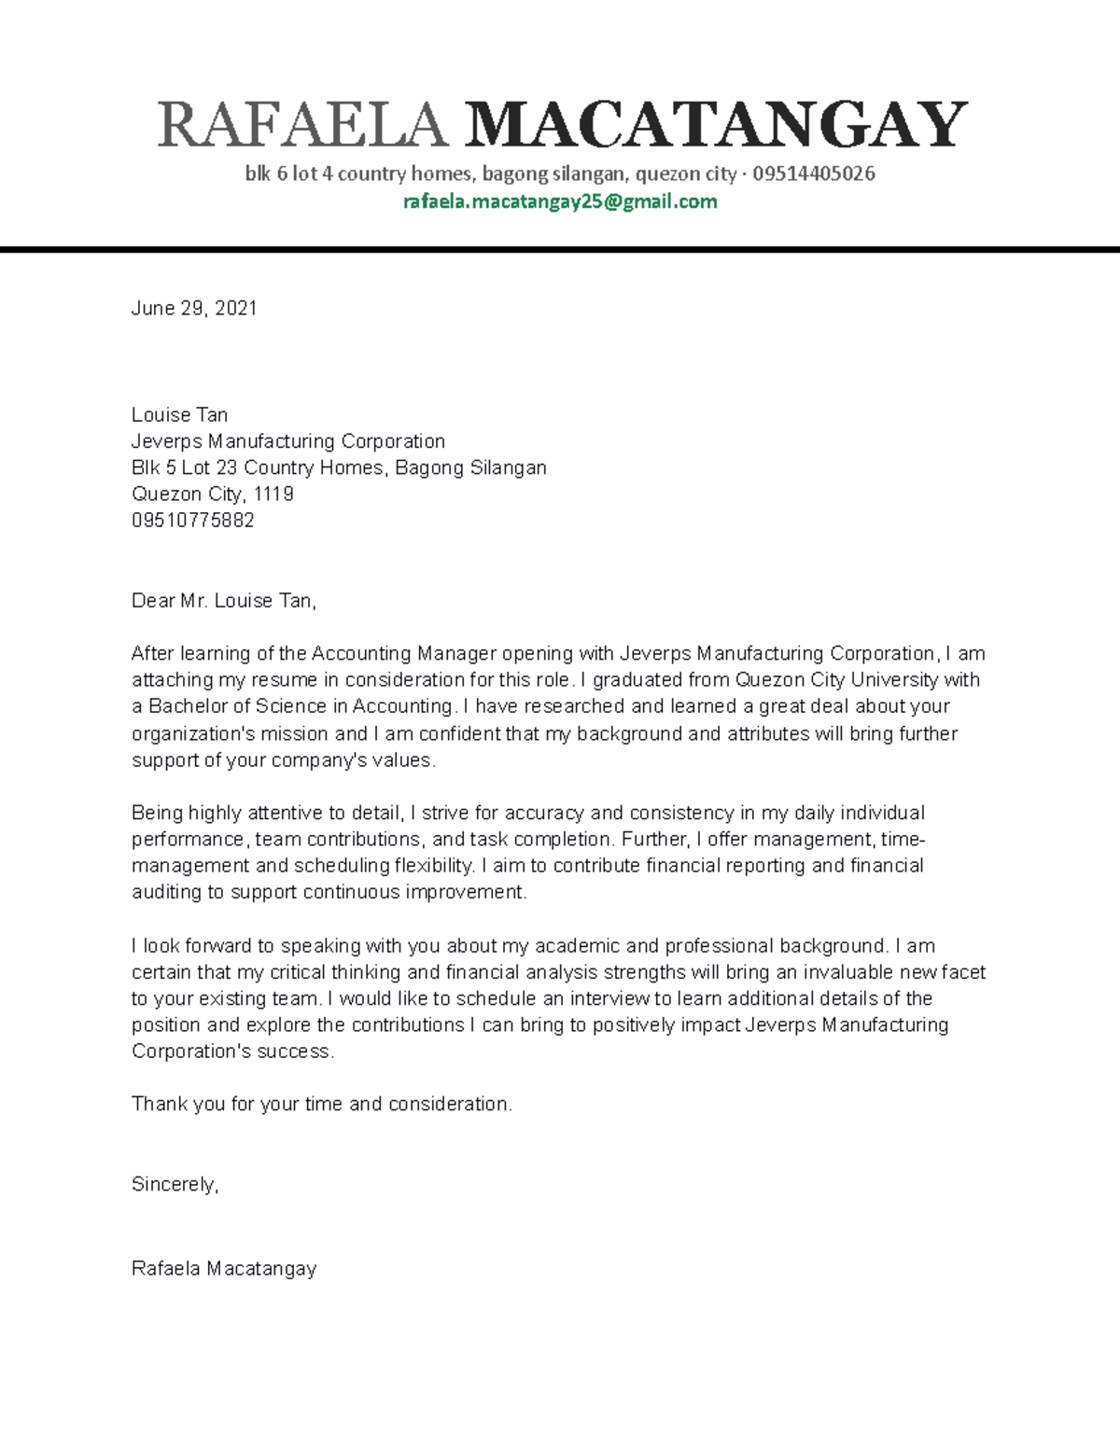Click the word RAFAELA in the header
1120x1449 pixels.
click(x=302, y=125)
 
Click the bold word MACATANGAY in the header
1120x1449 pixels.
click(x=715, y=125)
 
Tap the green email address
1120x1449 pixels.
click(x=560, y=202)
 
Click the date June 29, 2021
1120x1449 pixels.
click(x=194, y=308)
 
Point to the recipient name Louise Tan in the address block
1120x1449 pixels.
click(x=179, y=414)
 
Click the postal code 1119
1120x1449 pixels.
click(x=273, y=494)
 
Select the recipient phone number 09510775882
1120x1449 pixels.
click(x=193, y=520)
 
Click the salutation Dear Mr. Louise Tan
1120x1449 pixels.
click(x=224, y=601)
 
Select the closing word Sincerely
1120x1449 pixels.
click(x=174, y=1184)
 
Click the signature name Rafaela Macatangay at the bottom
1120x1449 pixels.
click(x=224, y=1268)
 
